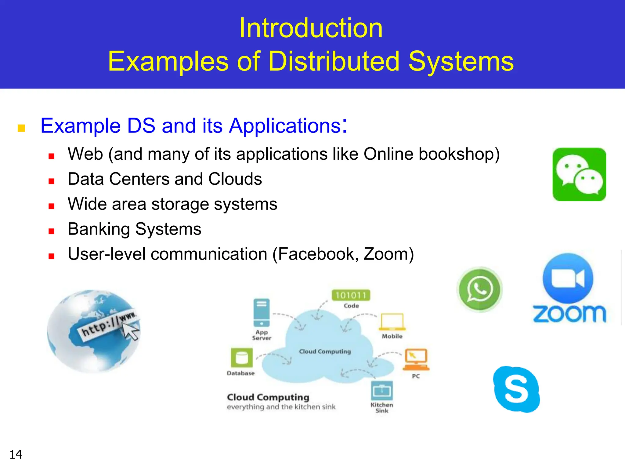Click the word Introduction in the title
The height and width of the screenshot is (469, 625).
point(311,28)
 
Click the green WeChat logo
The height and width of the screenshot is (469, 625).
point(579,174)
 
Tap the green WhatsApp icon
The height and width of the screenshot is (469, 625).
point(479,289)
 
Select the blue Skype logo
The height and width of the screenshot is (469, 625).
point(516,389)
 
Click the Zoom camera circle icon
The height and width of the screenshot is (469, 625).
point(568,278)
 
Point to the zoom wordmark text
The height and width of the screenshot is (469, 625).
point(569,314)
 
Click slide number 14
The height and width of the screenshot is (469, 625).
point(16,454)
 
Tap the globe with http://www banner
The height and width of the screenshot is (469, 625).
point(94,331)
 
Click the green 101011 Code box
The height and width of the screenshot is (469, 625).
point(351,295)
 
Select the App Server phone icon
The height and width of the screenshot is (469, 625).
point(262,313)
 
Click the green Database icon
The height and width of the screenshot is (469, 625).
point(242,358)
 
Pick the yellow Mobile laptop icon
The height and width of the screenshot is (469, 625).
point(392,322)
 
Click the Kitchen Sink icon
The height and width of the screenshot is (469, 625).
point(382,391)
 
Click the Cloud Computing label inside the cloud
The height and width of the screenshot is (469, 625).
point(325,351)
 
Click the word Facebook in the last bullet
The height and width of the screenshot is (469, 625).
point(318,254)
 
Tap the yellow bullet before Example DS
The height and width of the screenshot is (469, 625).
point(21,128)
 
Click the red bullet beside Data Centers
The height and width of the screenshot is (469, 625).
point(51,181)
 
